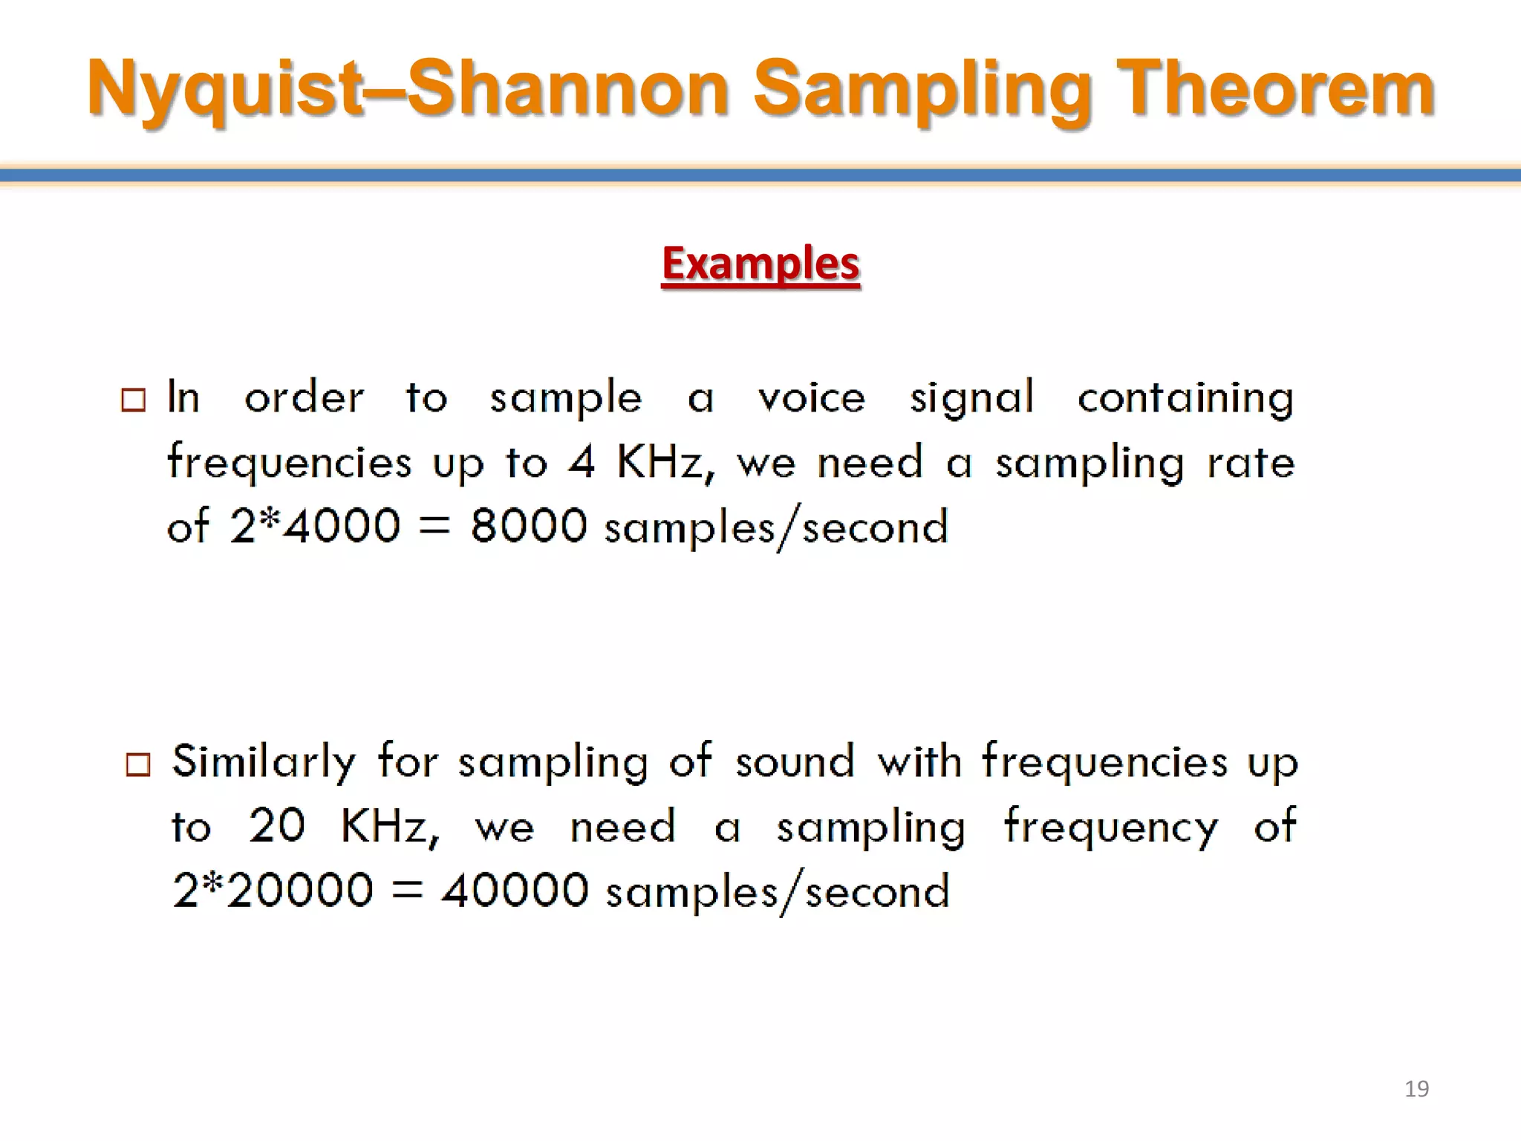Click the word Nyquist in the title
(x=223, y=90)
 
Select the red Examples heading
(x=760, y=264)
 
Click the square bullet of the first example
(x=134, y=400)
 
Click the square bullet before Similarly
(x=138, y=764)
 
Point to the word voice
(x=811, y=398)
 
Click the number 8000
(x=529, y=526)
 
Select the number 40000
(x=515, y=890)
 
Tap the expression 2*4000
(x=315, y=526)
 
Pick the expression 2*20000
(x=273, y=890)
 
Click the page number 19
(x=1416, y=1089)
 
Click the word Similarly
(x=264, y=762)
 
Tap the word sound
(x=795, y=762)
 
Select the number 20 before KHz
(x=276, y=825)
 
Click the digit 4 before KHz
(x=582, y=462)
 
